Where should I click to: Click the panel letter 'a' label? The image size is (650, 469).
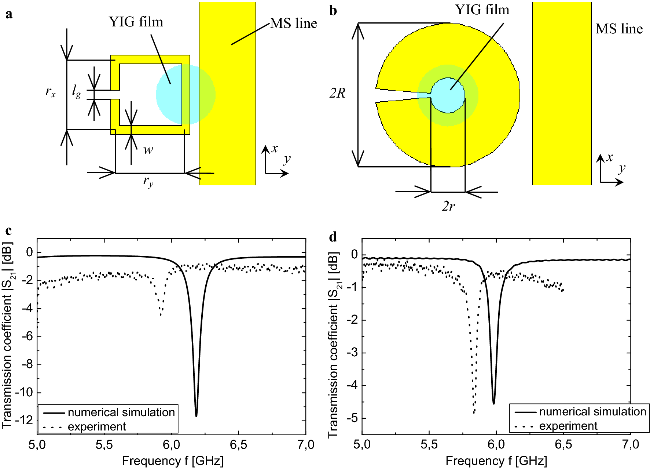(9, 14)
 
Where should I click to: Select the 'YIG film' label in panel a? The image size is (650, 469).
(136, 22)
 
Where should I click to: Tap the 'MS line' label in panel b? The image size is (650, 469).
(619, 29)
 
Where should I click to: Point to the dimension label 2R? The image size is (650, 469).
(337, 93)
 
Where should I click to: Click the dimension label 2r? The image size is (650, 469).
(448, 206)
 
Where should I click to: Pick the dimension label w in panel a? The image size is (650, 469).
(148, 150)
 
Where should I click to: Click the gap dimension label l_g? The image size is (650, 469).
(76, 91)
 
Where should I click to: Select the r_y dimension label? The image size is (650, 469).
(148, 181)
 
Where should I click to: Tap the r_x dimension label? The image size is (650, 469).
(51, 91)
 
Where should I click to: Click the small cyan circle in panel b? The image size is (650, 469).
(448, 95)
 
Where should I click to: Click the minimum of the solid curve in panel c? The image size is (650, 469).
(197, 416)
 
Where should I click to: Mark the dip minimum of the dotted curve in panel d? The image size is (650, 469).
(474, 413)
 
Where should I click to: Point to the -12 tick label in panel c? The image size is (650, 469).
(23, 420)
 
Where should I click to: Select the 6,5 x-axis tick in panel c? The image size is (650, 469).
(238, 445)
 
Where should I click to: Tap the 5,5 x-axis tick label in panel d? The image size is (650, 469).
(429, 445)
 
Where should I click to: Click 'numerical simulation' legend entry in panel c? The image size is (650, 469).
(121, 412)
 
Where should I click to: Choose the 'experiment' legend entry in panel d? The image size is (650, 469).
(568, 426)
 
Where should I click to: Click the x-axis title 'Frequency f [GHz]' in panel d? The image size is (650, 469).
(496, 461)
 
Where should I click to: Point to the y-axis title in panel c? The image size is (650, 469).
(7, 335)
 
